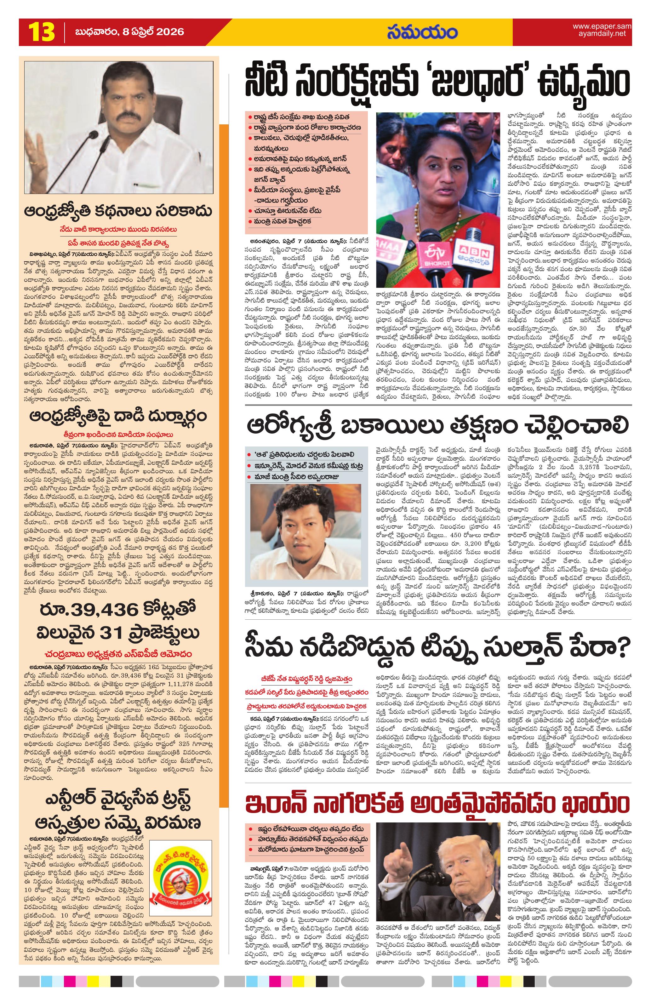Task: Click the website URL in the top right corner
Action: click(601, 30)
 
